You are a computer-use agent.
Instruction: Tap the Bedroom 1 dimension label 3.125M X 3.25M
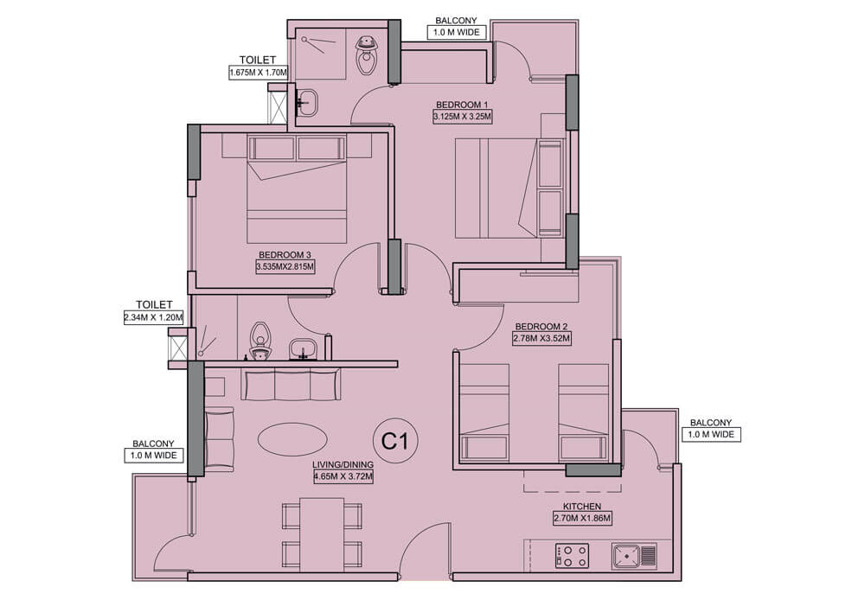[462, 117]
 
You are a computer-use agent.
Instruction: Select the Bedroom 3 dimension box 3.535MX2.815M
[285, 267]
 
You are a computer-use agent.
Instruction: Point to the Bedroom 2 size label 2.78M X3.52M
[541, 338]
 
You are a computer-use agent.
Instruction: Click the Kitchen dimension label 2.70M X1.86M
[582, 518]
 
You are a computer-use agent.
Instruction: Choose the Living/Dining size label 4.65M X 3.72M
[343, 477]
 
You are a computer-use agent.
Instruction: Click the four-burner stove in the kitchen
[572, 556]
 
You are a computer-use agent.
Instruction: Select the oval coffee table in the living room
[292, 439]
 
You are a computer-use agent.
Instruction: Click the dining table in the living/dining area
[322, 534]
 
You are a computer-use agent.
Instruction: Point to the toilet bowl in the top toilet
[365, 55]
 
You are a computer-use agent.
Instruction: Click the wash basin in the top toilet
[306, 103]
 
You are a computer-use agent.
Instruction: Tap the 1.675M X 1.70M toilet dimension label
[259, 73]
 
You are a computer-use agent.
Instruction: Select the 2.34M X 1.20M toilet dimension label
[154, 317]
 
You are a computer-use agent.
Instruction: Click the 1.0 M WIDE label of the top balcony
[457, 32]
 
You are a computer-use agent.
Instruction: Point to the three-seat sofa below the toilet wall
[291, 384]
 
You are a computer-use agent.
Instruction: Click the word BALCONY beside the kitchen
[710, 422]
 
